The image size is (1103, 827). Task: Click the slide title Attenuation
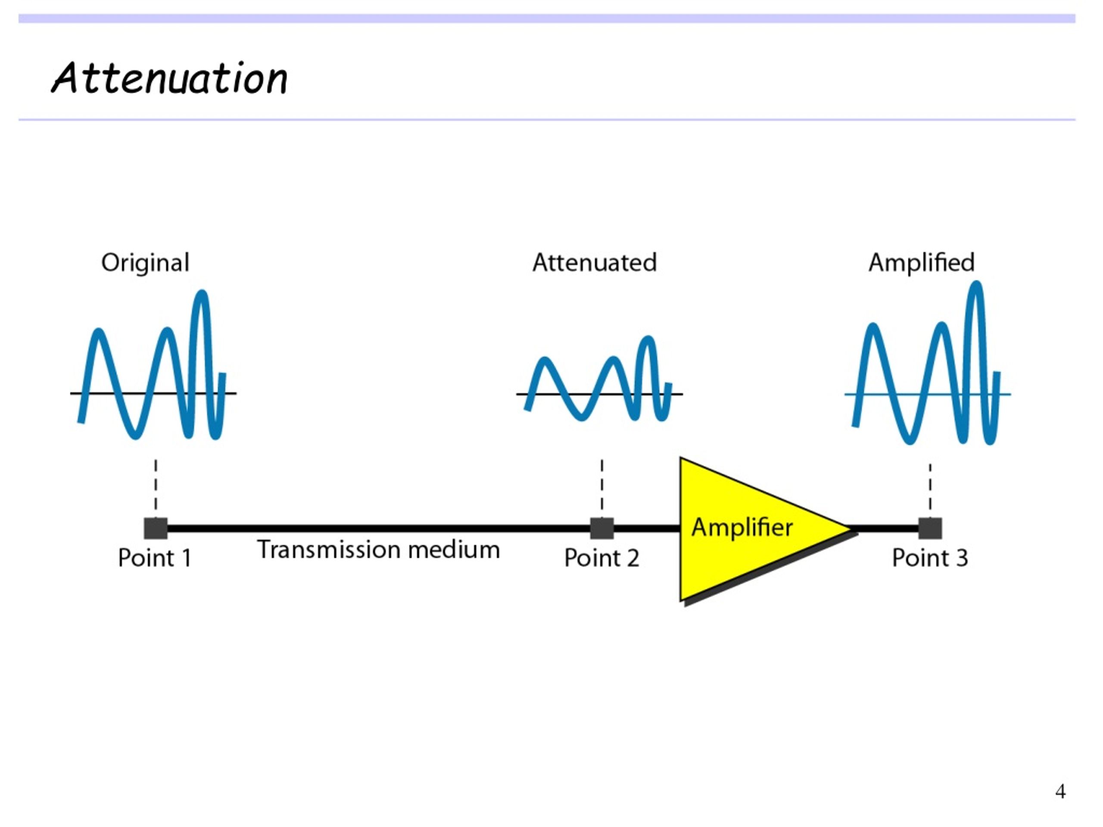click(x=169, y=79)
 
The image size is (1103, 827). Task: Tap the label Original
click(x=145, y=263)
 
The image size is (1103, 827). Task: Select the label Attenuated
click(x=595, y=263)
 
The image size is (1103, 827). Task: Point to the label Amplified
click(x=922, y=263)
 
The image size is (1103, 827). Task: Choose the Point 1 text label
click(x=155, y=558)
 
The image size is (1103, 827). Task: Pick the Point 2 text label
click(x=601, y=558)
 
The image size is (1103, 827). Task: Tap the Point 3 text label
click(x=930, y=558)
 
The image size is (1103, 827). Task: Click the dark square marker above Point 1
click(x=156, y=529)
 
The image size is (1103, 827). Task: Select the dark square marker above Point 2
click(x=602, y=529)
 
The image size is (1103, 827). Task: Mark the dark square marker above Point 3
click(x=930, y=529)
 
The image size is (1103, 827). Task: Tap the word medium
click(x=454, y=550)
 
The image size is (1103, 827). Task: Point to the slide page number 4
click(x=1060, y=791)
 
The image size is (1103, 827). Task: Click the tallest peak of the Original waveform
click(x=202, y=294)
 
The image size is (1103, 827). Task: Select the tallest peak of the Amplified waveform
click(x=976, y=286)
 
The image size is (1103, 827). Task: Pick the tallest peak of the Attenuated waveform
click(x=647, y=340)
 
